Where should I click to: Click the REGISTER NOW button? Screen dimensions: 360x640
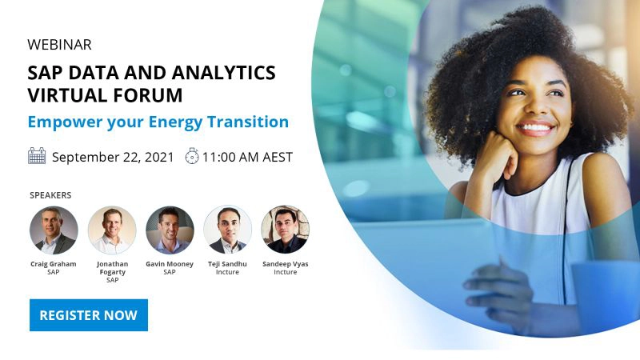88,315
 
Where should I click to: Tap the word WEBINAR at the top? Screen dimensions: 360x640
59,45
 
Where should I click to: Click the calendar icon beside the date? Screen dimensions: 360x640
37,156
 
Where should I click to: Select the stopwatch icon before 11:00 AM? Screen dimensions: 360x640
191,157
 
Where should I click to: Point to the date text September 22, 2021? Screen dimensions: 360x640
113,157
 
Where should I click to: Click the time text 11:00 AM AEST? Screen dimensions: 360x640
247,157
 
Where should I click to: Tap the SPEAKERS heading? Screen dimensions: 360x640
50,195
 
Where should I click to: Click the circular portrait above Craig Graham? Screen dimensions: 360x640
54,230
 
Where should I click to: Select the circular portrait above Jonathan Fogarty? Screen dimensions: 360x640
112,230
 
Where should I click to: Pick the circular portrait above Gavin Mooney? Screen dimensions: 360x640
170,230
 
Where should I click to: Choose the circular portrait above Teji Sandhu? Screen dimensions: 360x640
228,230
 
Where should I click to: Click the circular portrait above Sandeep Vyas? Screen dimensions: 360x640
285,230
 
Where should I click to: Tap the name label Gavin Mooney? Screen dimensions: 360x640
170,264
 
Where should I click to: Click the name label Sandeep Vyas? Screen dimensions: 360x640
285,264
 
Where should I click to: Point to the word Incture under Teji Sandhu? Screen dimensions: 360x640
228,272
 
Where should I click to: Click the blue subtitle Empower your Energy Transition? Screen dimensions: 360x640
158,122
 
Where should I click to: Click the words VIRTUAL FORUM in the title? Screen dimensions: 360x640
105,95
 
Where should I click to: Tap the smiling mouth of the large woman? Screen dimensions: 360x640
536,127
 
